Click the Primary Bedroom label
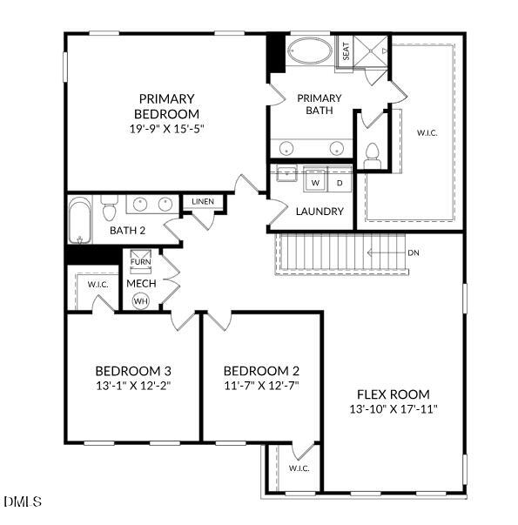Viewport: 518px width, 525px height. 166,106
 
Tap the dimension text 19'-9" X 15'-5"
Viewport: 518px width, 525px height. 166,129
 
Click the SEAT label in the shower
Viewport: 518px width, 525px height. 346,50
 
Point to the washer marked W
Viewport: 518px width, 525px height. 315,184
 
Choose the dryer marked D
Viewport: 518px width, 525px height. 340,184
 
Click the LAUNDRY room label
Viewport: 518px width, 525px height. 320,212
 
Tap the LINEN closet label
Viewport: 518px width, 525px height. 203,202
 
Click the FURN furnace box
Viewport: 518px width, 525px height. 140,261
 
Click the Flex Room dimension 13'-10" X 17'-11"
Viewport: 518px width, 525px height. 393,408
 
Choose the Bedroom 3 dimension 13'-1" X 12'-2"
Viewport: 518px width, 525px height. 132,386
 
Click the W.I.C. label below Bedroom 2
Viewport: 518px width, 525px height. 299,468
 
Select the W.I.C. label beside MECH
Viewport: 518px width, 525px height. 96,284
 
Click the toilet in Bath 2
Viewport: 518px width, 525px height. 109,209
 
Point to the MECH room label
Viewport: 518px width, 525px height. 140,283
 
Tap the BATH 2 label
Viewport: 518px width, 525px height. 127,231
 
